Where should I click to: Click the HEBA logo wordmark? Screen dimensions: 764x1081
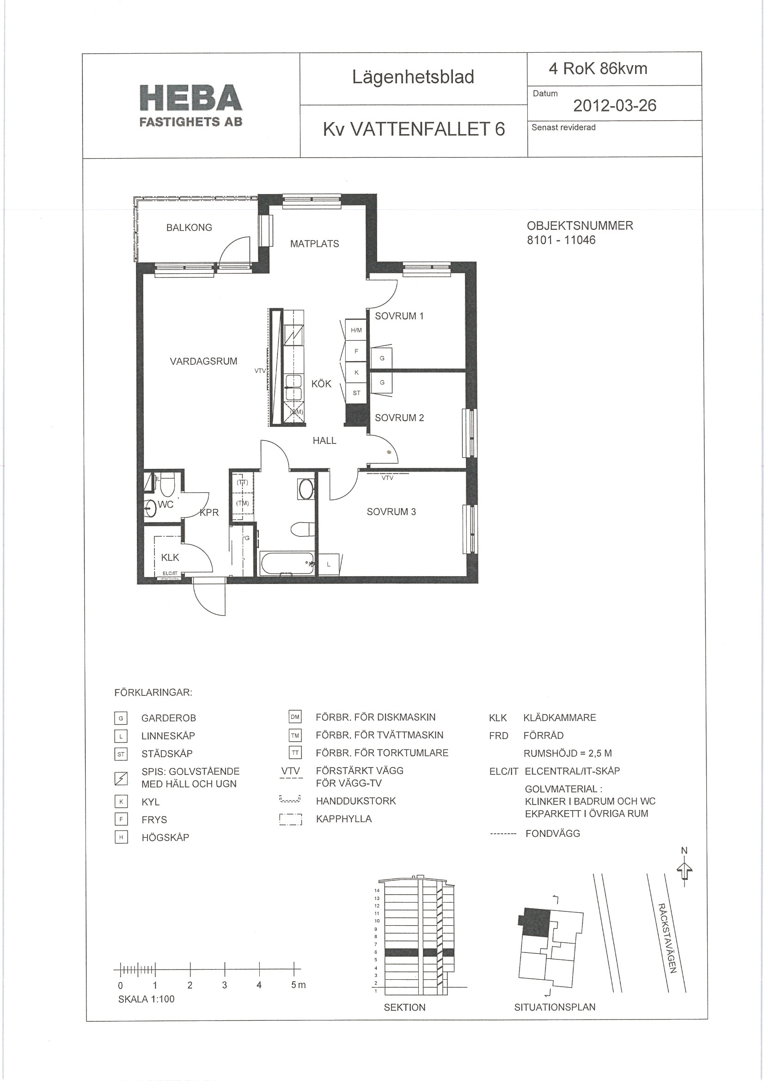[x=191, y=98]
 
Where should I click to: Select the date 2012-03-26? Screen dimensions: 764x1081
[x=614, y=105]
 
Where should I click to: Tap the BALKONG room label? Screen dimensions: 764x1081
[x=189, y=227]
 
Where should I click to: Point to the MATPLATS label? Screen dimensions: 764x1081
[x=314, y=243]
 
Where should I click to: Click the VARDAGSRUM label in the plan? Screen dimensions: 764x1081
[x=203, y=361]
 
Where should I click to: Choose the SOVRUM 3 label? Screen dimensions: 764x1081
[x=391, y=512]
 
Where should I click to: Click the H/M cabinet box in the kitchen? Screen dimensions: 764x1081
[x=356, y=330]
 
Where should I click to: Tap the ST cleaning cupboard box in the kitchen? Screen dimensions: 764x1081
[x=356, y=393]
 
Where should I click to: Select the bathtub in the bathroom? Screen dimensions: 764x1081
[x=287, y=563]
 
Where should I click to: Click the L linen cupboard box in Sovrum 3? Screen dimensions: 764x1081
[x=329, y=564]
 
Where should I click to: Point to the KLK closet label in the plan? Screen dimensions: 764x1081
[x=170, y=558]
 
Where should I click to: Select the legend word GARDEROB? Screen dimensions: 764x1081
[x=169, y=718]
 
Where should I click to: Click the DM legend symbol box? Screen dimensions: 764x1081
[x=295, y=717]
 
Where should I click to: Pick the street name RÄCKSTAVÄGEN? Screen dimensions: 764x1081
[x=667, y=938]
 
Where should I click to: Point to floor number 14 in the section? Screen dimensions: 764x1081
[x=377, y=891]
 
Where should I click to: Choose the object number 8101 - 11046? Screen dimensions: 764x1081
[x=561, y=240]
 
